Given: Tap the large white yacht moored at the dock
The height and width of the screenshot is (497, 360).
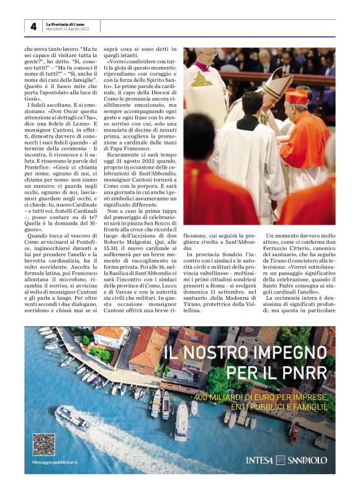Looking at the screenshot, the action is [x=181, y=421].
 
